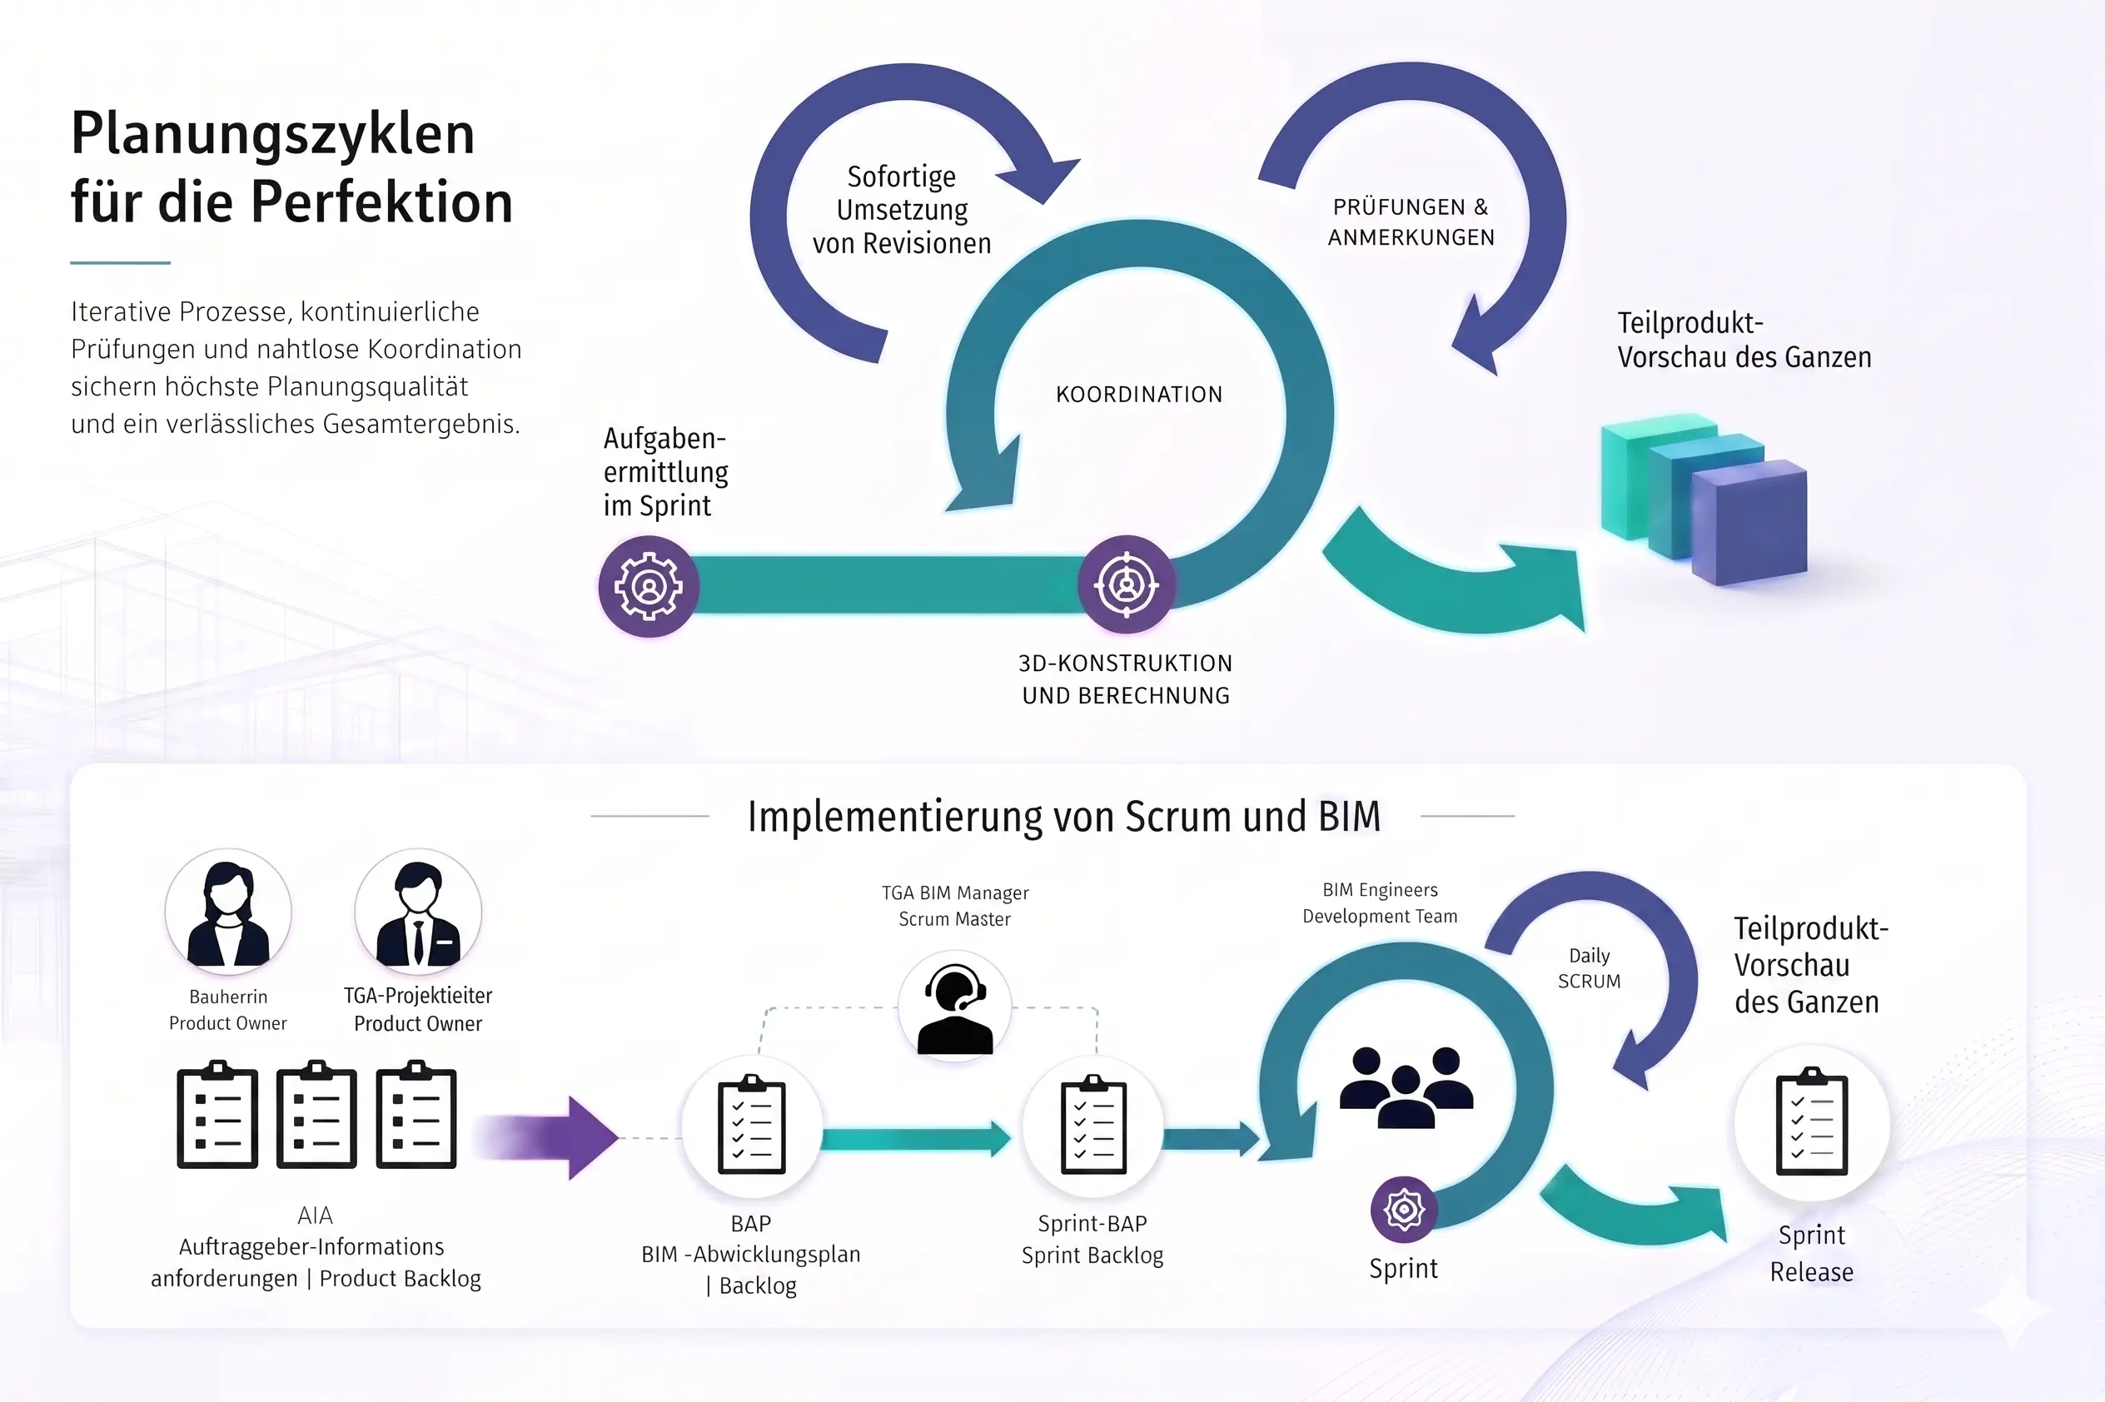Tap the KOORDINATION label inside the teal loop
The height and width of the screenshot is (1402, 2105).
coord(1138,395)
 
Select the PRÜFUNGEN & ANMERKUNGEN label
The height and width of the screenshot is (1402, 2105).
coord(1411,221)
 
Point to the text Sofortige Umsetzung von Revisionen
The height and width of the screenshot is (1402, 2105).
coord(902,210)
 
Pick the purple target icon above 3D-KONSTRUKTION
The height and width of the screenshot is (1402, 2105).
coord(1127,584)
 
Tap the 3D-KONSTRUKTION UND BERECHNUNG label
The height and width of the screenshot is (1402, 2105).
coord(1126,679)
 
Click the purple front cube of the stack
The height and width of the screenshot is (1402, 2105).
coord(1749,522)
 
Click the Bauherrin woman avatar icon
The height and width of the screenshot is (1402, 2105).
coord(228,912)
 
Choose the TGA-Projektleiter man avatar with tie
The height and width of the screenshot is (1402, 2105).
coord(418,912)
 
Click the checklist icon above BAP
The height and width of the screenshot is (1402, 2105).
coord(752,1125)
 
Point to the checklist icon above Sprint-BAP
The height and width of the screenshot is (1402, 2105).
coord(1093,1125)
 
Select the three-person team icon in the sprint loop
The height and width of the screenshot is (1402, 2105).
coord(1406,1086)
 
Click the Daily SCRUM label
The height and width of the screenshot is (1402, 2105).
coord(1589,968)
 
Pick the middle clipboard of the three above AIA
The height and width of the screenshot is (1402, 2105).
coord(316,1114)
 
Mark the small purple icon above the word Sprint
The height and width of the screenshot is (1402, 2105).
coord(1404,1210)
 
